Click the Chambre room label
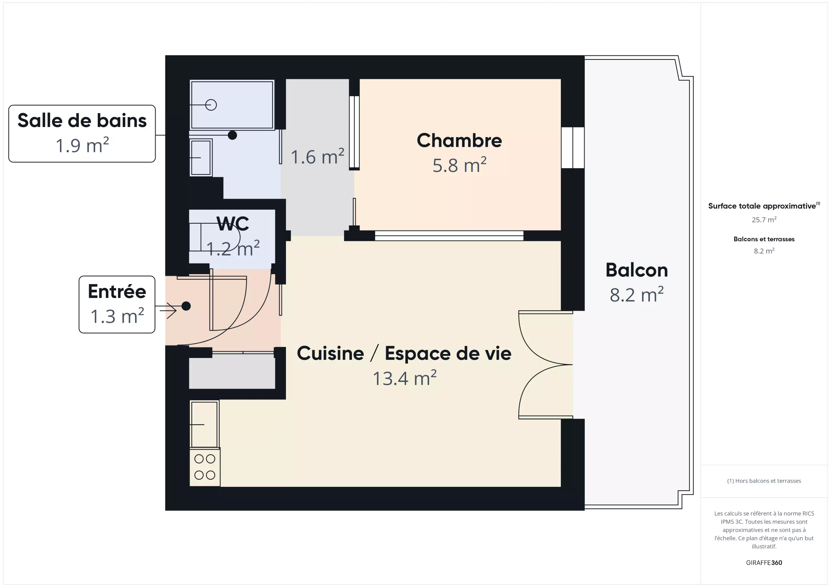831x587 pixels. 459,140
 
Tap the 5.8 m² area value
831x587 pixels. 459,165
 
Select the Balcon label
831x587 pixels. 637,270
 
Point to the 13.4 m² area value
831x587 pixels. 405,378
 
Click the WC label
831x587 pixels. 233,224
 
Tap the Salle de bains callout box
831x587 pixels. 82,134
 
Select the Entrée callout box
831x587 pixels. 117,304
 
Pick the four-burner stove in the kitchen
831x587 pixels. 205,467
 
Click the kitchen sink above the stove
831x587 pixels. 204,424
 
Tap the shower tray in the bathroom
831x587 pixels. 232,105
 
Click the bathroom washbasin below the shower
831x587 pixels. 201,158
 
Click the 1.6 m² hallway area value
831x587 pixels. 317,157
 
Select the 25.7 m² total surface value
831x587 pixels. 764,219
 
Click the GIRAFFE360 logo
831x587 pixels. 764,562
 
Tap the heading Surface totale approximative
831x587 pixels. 762,206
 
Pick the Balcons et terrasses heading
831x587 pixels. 764,239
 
